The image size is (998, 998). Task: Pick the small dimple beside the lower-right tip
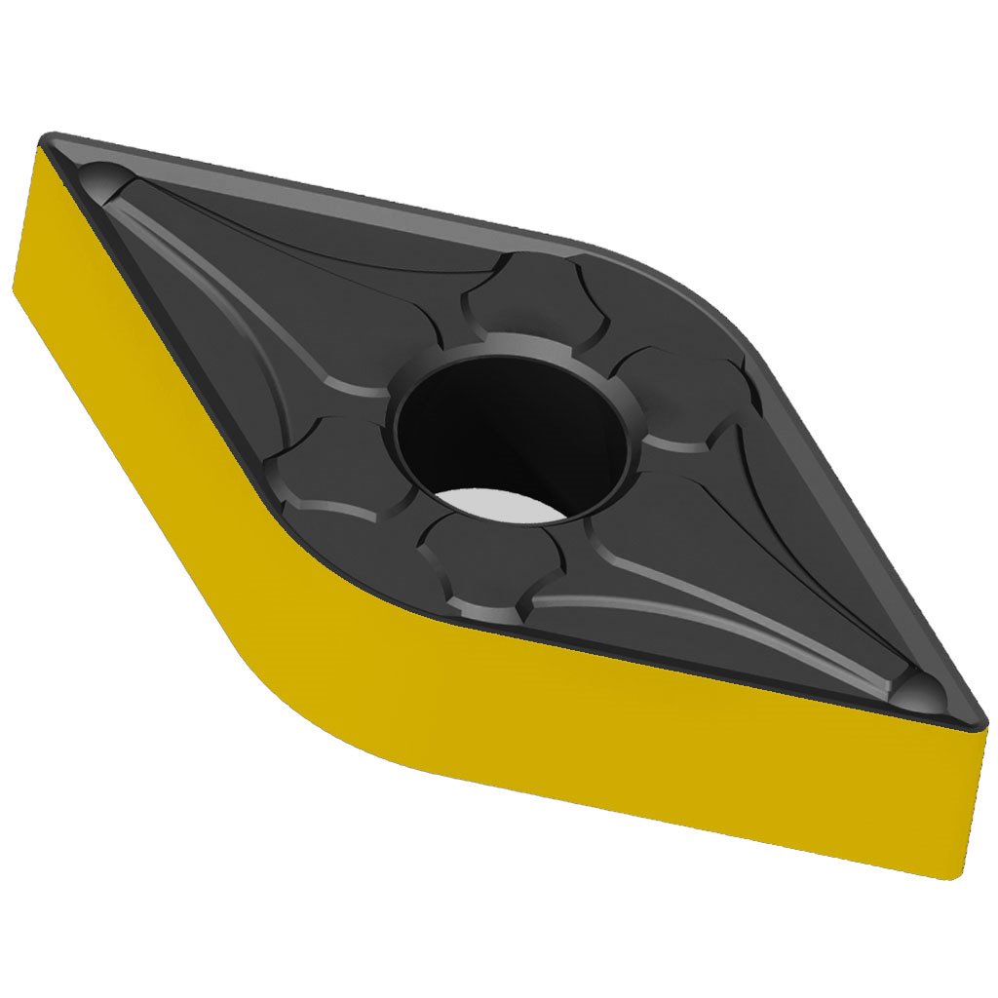[921, 686]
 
